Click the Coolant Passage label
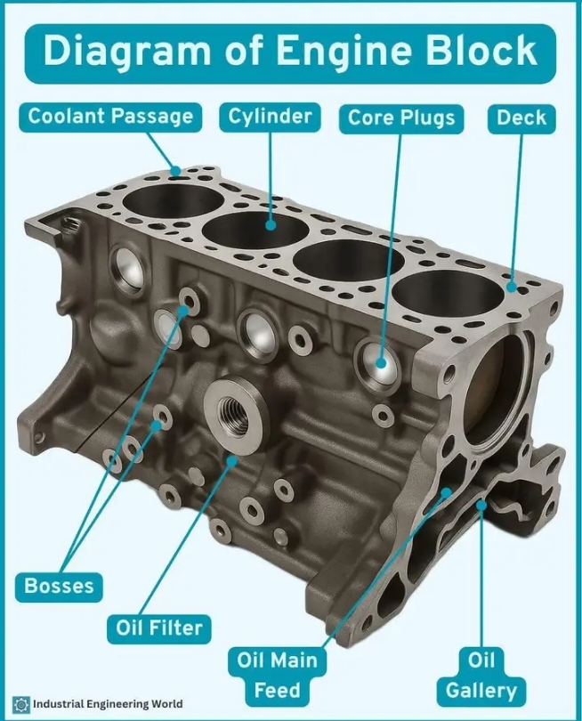pos(110,117)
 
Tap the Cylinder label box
pos(270,117)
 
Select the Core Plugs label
pos(401,118)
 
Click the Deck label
pos(521,118)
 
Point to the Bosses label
pos(59,587)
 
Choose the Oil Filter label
pos(159,628)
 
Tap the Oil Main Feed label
pos(278,676)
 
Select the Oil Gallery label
pos(481,676)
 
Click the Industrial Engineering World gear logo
pos(20,704)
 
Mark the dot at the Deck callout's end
pos(512,288)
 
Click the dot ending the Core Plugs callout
pos(381,363)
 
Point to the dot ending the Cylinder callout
pos(271,225)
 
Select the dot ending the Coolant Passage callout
pos(175,171)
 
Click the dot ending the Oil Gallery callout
pos(481,506)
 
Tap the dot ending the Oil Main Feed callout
pos(446,493)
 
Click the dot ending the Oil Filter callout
pos(233,460)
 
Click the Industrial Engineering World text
pos(108,704)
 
